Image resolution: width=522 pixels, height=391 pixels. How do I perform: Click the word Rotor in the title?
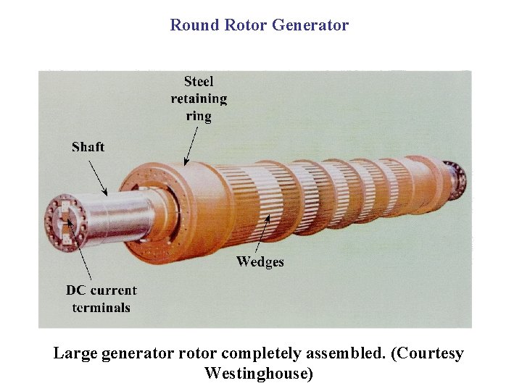click(245, 25)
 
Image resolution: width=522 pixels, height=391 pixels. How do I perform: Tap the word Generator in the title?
click(310, 25)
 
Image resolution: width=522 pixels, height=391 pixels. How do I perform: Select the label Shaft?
click(88, 147)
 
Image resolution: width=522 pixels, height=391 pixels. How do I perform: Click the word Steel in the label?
click(199, 81)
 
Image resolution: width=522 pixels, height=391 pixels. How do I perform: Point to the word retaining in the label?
click(199, 98)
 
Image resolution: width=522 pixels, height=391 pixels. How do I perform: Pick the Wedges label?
click(260, 261)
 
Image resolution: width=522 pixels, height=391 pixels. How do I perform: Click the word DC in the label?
click(76, 290)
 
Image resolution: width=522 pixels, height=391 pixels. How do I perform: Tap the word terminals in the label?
click(101, 308)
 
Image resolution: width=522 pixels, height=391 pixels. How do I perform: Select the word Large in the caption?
click(75, 353)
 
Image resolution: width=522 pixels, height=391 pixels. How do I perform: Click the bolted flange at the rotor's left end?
click(65, 223)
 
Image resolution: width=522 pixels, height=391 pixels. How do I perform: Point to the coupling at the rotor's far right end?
click(457, 177)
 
